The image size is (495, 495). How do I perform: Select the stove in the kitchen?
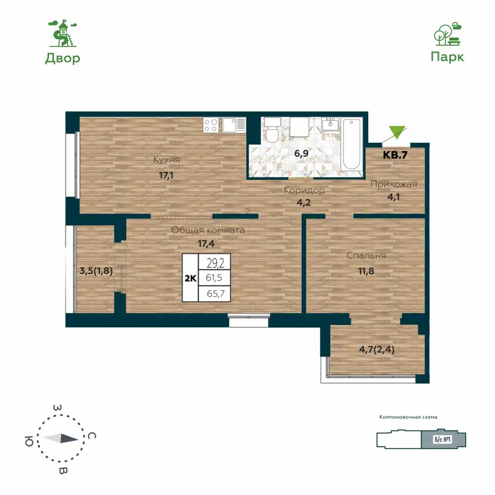coord(210,125)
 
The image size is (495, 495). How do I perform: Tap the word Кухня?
coord(166,160)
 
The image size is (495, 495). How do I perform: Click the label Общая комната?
coord(208,230)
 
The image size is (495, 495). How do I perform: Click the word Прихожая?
coord(394,184)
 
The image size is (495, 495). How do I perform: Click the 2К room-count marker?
coord(191,278)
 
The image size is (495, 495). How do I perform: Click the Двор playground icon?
coord(62,33)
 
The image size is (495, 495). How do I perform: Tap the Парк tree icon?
coord(447,35)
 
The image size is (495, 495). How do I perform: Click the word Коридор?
coord(304,191)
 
